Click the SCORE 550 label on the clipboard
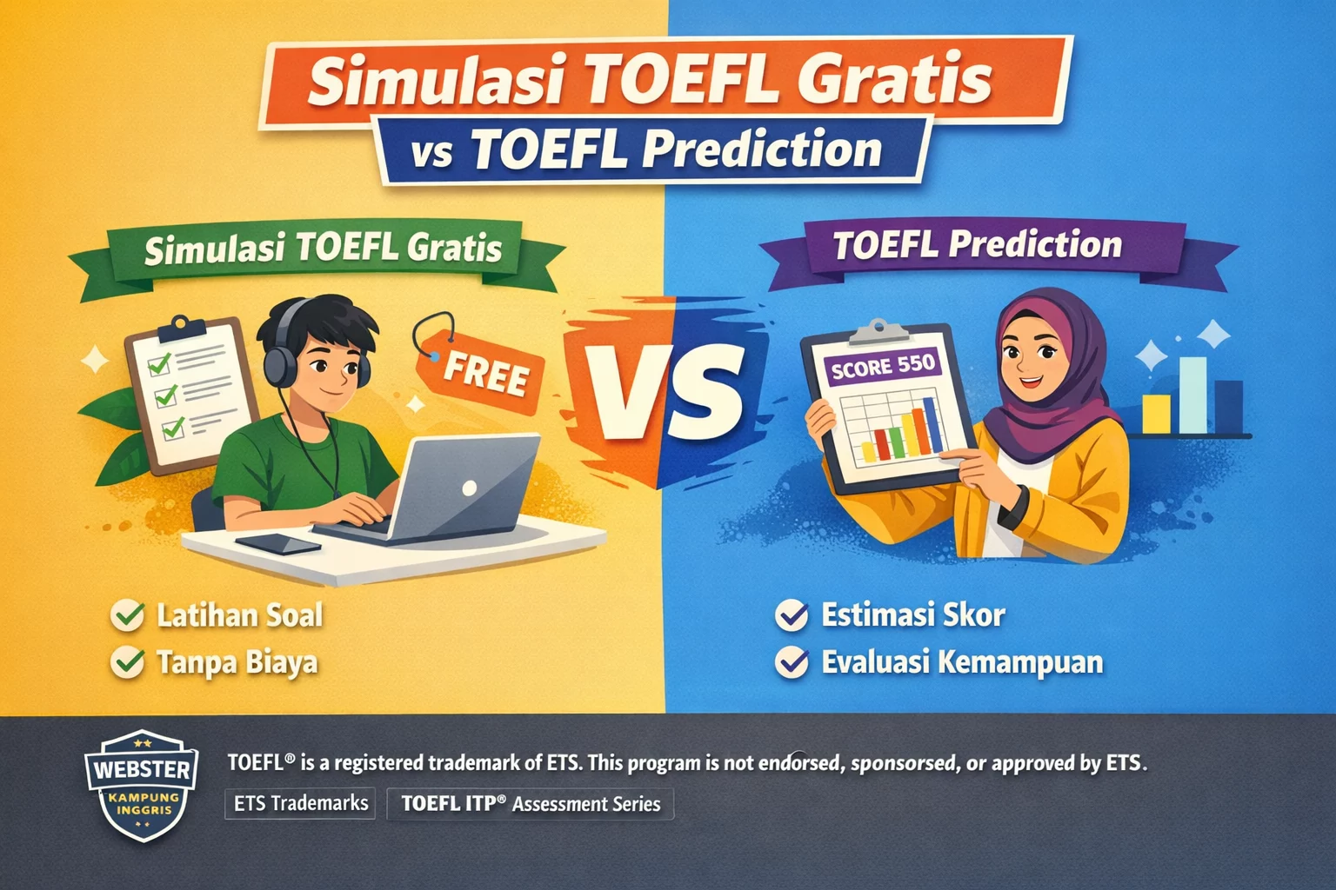[x=882, y=366]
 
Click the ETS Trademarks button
[x=300, y=803]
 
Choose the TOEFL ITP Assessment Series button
[x=531, y=804]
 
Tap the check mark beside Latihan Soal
[x=128, y=616]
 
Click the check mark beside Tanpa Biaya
[x=128, y=663]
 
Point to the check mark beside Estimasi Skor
[x=792, y=616]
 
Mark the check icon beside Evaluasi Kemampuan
[x=792, y=663]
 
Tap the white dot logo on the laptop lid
[x=469, y=488]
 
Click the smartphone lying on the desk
[x=277, y=544]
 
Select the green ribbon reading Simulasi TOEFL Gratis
[x=323, y=249]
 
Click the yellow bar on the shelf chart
[x=1156, y=414]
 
